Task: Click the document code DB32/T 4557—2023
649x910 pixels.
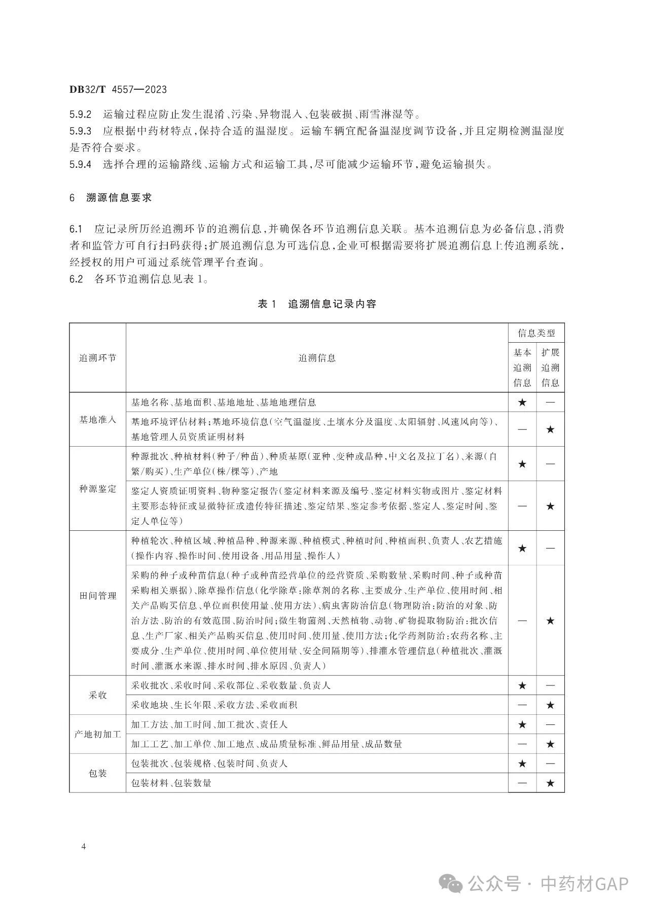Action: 118,90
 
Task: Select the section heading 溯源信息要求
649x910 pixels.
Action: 119,198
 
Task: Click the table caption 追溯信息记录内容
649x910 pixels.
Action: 332,304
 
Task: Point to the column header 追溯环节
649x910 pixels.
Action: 97,358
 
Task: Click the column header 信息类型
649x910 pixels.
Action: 536,333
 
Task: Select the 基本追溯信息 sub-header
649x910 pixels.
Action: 522,368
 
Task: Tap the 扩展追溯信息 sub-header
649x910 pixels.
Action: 550,368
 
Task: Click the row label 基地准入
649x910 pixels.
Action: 97,420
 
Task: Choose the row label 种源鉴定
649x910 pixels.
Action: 97,489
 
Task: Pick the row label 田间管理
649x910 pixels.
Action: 97,596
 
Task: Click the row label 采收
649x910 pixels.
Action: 97,695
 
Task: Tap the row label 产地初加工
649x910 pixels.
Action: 97,734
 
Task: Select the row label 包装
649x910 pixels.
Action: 97,773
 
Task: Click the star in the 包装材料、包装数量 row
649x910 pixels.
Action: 550,783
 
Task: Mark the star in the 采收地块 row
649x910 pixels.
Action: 550,705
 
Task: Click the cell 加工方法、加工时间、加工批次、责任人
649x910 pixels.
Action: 209,725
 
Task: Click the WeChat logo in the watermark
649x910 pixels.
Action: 450,885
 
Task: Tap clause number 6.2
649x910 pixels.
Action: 76,279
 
